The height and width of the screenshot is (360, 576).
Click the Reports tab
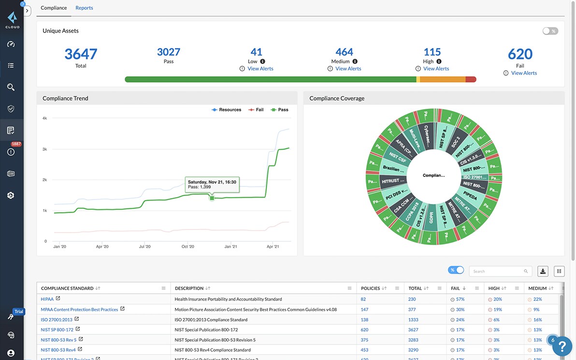coord(84,8)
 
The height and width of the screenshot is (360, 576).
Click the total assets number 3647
coord(81,54)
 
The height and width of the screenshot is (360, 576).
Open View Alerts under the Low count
coord(260,69)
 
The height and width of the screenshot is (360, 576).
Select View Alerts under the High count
coord(436,69)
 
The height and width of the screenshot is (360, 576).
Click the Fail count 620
coord(520,54)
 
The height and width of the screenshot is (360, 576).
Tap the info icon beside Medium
coord(355,61)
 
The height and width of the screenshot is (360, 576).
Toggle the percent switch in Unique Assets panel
coord(550,31)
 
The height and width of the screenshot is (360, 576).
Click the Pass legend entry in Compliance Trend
coord(280,110)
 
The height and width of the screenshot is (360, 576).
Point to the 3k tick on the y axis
coord(44,149)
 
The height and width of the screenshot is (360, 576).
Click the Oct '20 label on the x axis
coord(187,246)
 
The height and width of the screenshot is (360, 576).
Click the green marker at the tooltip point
coord(212,198)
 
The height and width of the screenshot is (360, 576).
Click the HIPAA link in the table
coord(47,299)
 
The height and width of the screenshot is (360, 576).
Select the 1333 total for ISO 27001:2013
coord(413,319)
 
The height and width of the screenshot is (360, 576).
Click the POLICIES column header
coord(370,288)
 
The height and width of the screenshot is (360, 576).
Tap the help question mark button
coord(562,346)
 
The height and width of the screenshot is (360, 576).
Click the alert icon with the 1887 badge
coord(11,152)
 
